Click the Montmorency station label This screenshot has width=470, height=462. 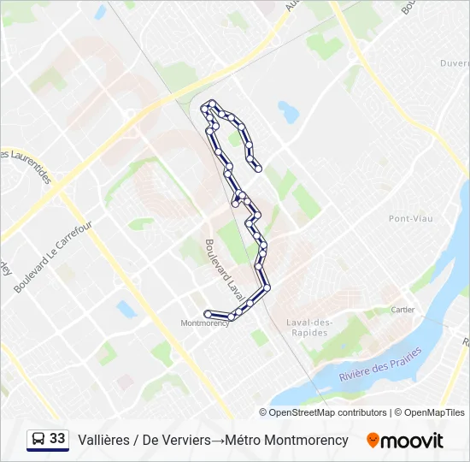205,323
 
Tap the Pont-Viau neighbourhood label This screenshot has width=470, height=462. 411,219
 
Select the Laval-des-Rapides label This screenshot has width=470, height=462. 309,328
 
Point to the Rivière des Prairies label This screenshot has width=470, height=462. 379,365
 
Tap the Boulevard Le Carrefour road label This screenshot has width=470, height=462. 52,257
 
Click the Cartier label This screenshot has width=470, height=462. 402,310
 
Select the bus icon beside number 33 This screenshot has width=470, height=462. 38,440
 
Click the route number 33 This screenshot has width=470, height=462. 57,439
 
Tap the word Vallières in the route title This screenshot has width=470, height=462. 103,440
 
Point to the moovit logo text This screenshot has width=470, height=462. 413,441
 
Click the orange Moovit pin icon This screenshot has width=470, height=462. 373,441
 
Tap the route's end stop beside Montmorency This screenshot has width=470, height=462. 208,314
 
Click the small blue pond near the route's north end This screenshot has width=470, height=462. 288,111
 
